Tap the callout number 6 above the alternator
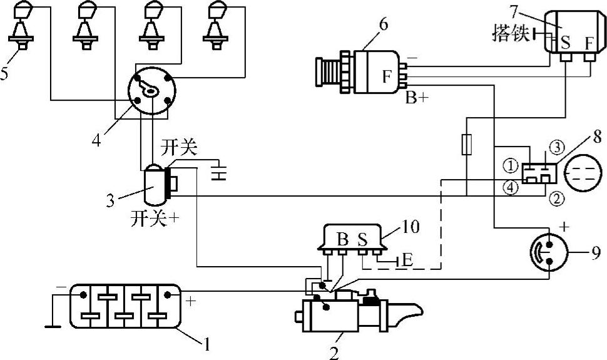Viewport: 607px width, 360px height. coord(383,25)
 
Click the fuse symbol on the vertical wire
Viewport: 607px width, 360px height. coord(466,145)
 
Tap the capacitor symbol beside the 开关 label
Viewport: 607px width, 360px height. coord(219,171)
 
